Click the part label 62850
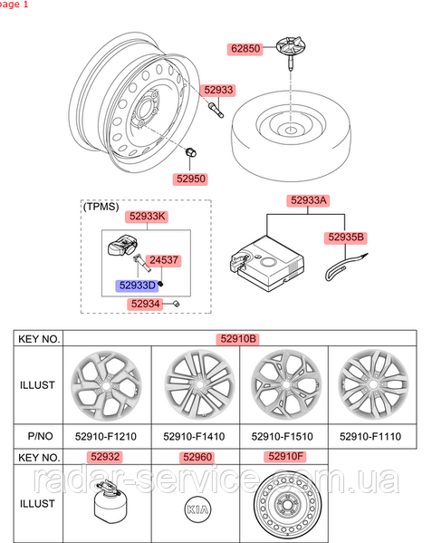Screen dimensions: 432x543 (245, 49)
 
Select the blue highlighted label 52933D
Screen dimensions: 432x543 (137, 286)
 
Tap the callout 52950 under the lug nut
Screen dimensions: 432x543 (190, 179)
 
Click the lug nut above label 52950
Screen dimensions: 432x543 (190, 152)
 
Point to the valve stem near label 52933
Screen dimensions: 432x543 (216, 110)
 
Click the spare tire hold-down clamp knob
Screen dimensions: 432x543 (291, 50)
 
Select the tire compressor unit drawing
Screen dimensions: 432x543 (266, 263)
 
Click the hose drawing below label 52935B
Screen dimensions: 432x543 (346, 267)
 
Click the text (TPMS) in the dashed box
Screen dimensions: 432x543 (101, 207)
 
